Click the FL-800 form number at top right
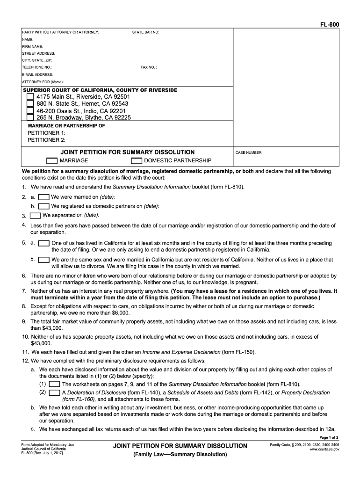coord(330,24)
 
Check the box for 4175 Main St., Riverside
coord(30,96)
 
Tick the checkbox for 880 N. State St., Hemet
coord(30,103)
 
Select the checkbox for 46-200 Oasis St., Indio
coord(30,111)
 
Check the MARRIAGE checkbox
coord(52,160)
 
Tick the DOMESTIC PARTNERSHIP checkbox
coord(137,160)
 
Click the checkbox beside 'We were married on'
coord(43,197)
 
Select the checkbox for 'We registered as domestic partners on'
coord(43,206)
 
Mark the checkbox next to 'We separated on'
coord(35,216)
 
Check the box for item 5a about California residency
coord(44,243)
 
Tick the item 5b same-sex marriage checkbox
coord(44,260)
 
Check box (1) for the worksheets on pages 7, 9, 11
coord(54,384)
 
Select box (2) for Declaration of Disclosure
coord(54,393)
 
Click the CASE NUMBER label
coord(249,152)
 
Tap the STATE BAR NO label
coord(145,32)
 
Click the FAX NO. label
coord(149,67)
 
